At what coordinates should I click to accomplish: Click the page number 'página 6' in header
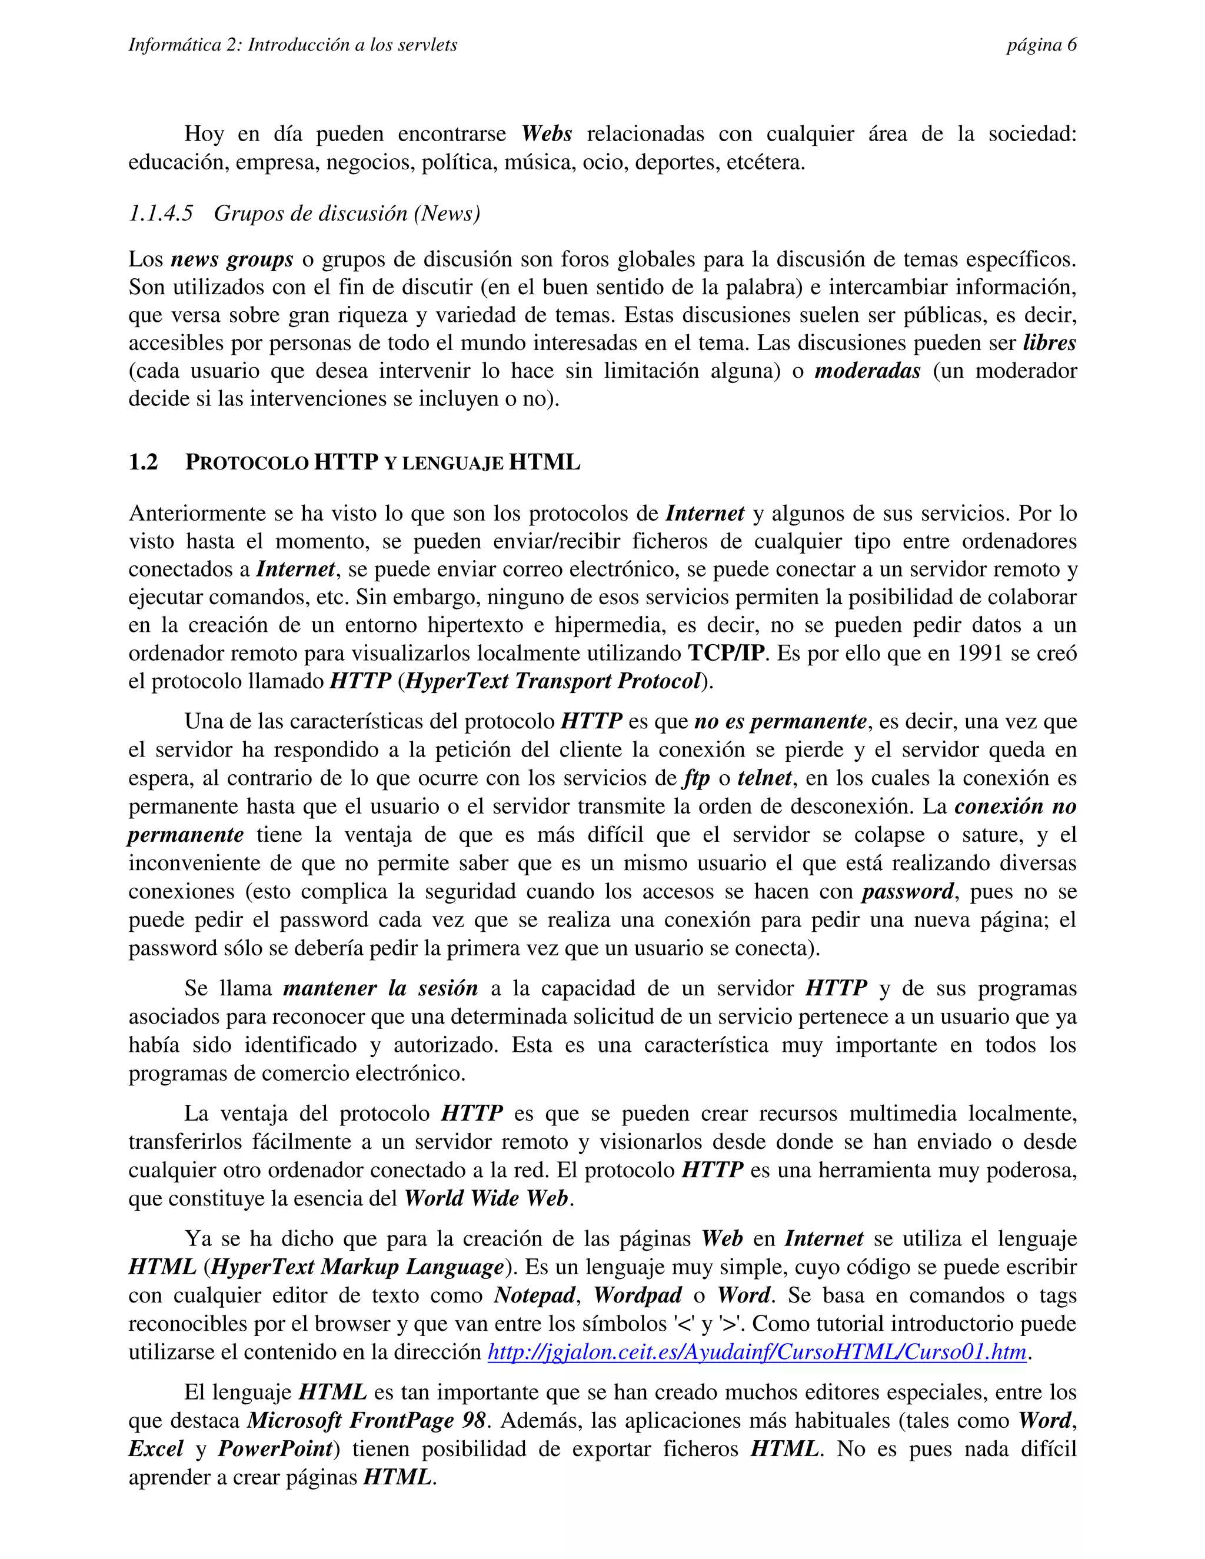[1041, 45]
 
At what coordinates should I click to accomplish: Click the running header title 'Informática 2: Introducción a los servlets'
[292, 45]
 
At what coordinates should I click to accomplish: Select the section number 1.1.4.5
[161, 214]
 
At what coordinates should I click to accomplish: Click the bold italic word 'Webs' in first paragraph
[546, 134]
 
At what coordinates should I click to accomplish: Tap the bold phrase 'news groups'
[232, 259]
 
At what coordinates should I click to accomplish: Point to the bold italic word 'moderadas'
[867, 371]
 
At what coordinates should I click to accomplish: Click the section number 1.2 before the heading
[143, 462]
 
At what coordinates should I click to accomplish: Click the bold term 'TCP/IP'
[726, 653]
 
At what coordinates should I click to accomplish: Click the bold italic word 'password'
[907, 891]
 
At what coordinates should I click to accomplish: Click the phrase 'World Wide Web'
[486, 1198]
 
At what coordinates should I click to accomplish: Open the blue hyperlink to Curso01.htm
[757, 1352]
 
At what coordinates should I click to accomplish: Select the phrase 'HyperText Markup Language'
[358, 1267]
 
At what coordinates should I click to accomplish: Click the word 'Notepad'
[535, 1295]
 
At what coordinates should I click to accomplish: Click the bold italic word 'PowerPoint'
[275, 1449]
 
